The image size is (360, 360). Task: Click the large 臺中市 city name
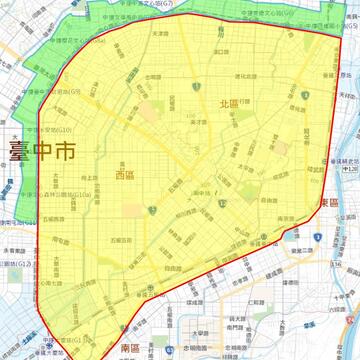[42, 152]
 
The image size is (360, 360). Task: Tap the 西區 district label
[125, 175]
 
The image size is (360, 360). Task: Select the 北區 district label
[229, 104]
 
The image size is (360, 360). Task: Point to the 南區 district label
[130, 347]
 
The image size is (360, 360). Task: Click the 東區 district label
[329, 203]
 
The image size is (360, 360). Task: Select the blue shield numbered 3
[152, 211]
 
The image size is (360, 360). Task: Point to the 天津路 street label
[160, 33]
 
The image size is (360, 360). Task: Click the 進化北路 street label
[247, 76]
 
